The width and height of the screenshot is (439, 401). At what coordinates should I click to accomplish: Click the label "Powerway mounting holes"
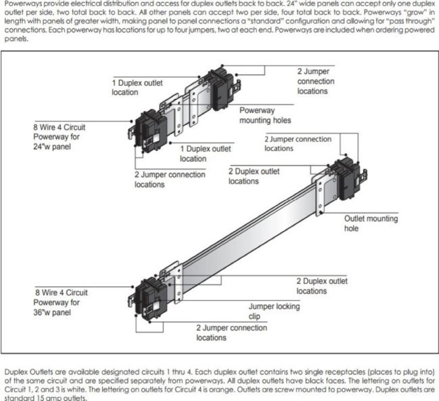pyautogui.click(x=265, y=115)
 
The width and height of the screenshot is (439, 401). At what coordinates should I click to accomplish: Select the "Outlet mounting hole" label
pyautogui.click(x=371, y=224)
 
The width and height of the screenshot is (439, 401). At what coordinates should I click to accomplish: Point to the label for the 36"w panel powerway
pyautogui.click(x=61, y=302)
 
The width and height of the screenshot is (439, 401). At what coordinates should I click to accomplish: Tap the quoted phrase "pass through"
pyautogui.click(x=411, y=21)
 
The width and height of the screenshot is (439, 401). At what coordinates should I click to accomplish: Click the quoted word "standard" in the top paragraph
pyautogui.click(x=246, y=21)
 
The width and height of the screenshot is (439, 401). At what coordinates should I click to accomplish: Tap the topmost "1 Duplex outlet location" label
pyautogui.click(x=138, y=87)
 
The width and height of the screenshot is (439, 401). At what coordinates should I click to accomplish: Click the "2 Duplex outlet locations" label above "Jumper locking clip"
pyautogui.click(x=321, y=285)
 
